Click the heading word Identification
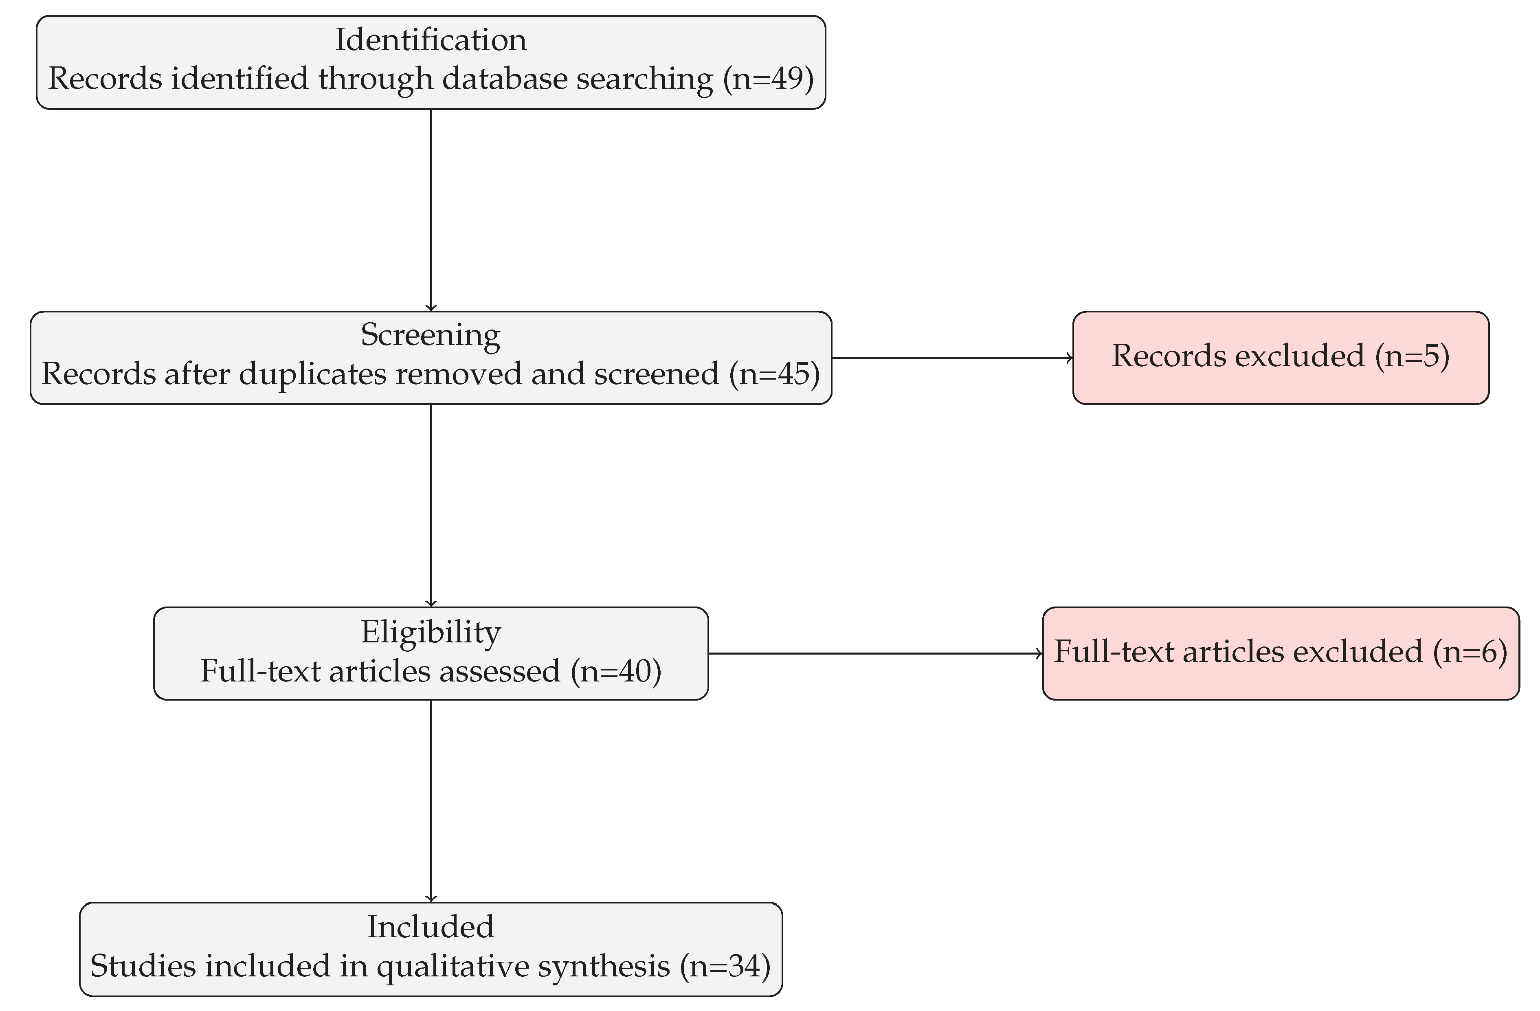431,40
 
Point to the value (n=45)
775,374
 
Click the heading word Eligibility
431,632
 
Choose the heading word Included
431,927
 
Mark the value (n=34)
725,966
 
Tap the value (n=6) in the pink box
1470,651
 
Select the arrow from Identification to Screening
431,210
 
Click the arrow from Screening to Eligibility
431,505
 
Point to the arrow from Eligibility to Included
431,801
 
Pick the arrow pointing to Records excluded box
951,358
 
